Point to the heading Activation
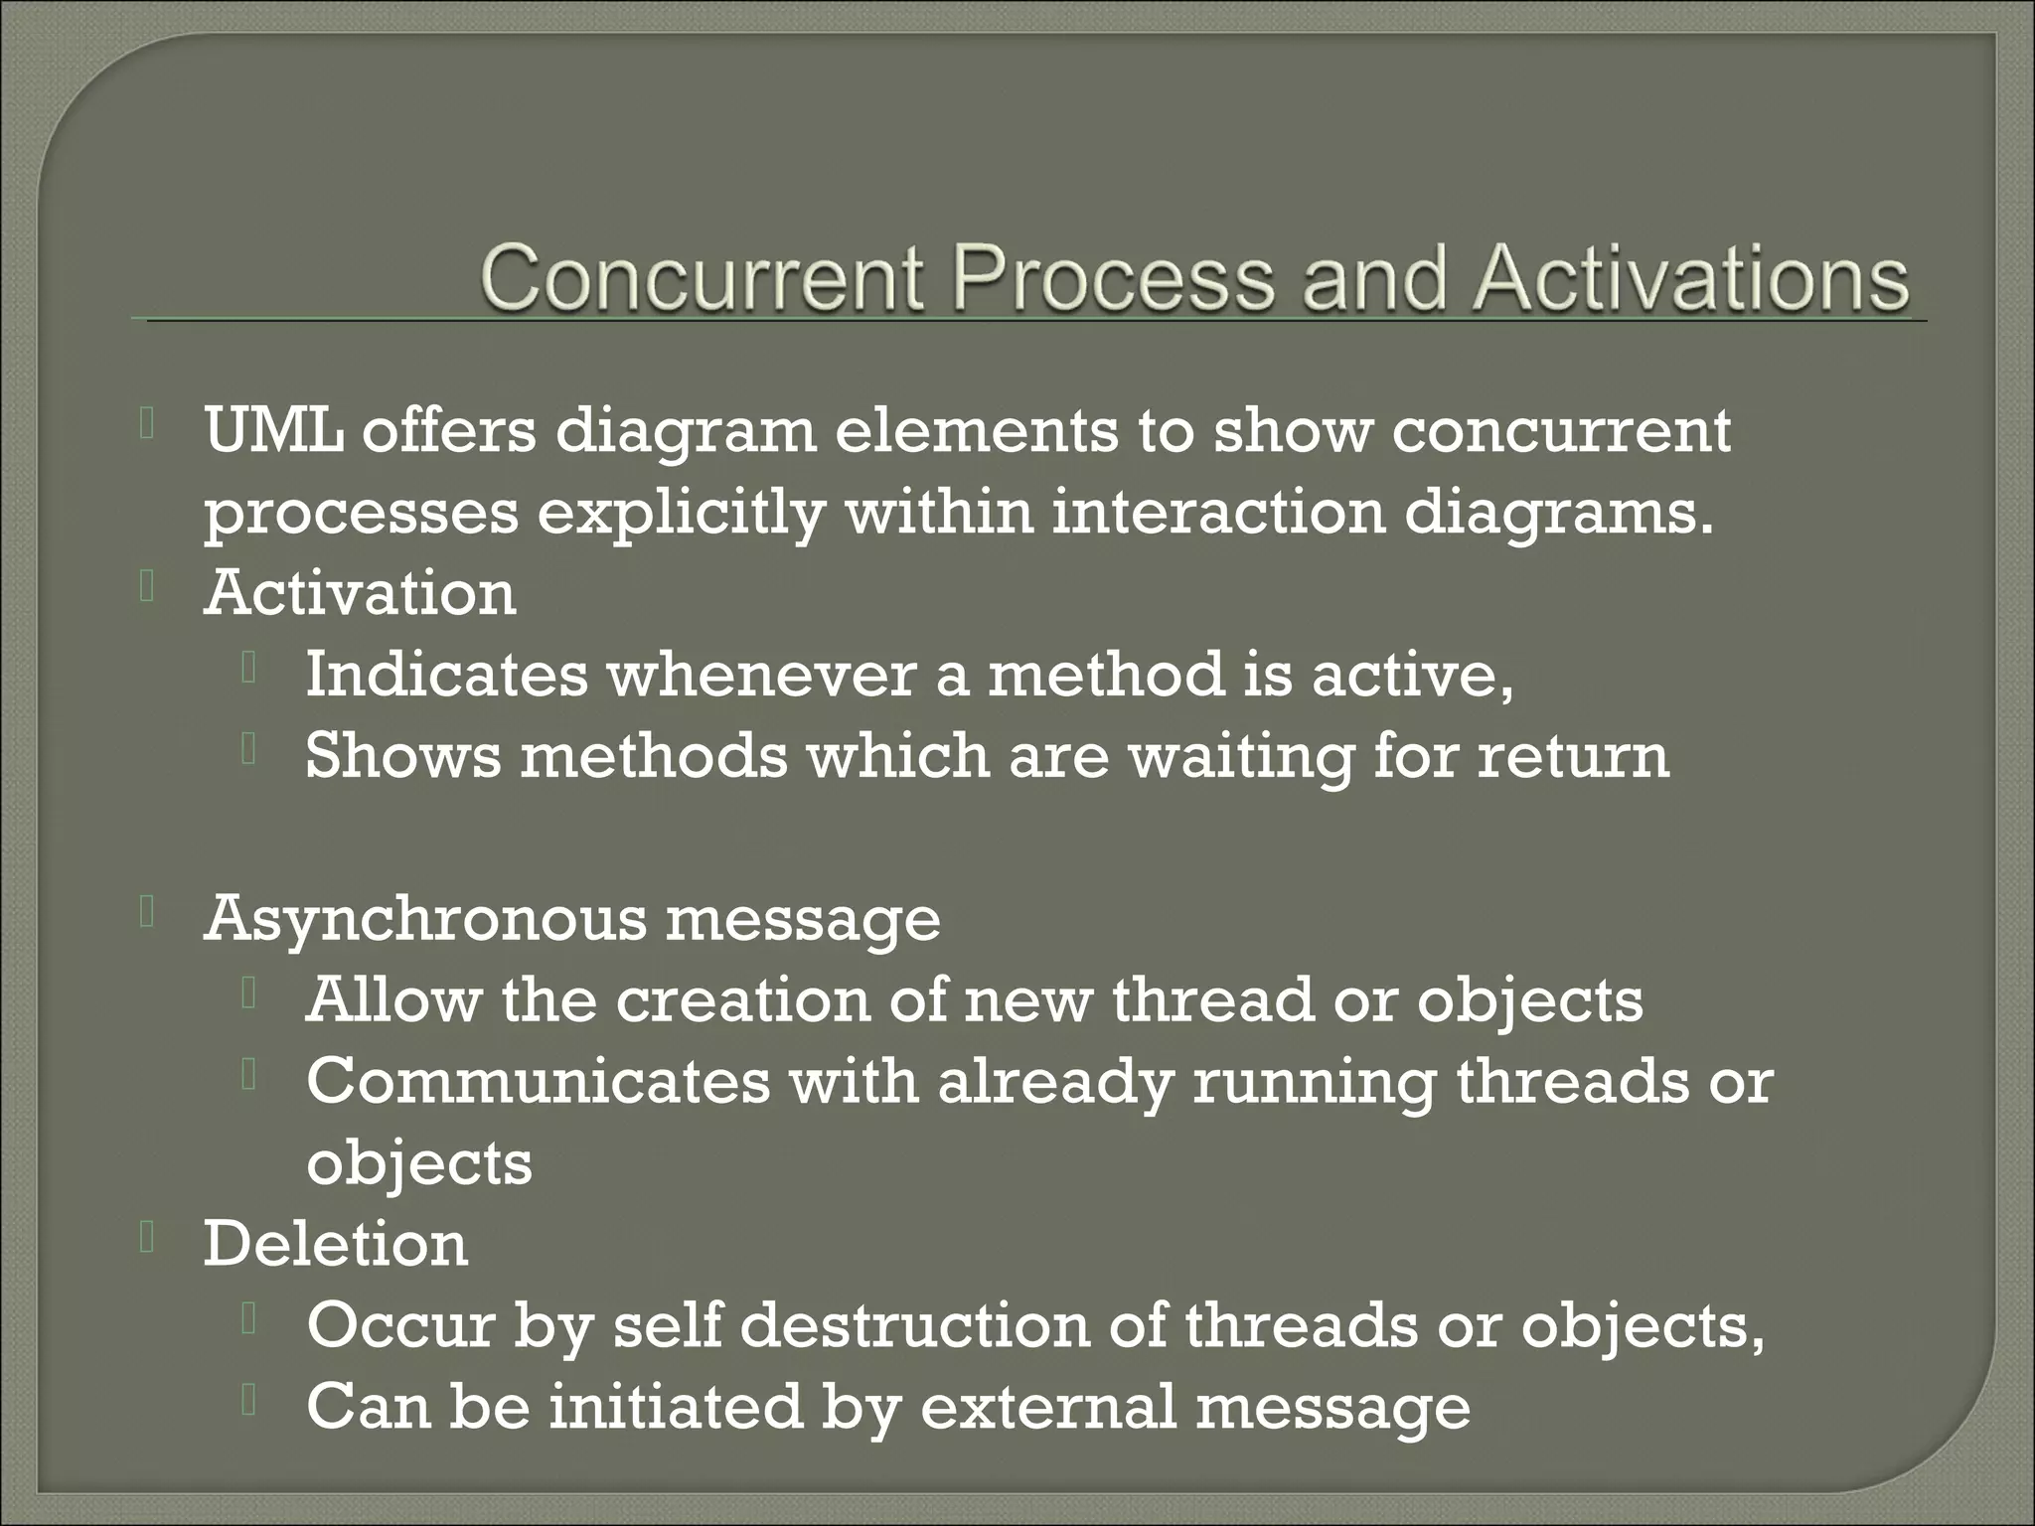[360, 594]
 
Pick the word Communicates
[538, 1081]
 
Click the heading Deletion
[335, 1244]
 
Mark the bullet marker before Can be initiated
[248, 1401]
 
